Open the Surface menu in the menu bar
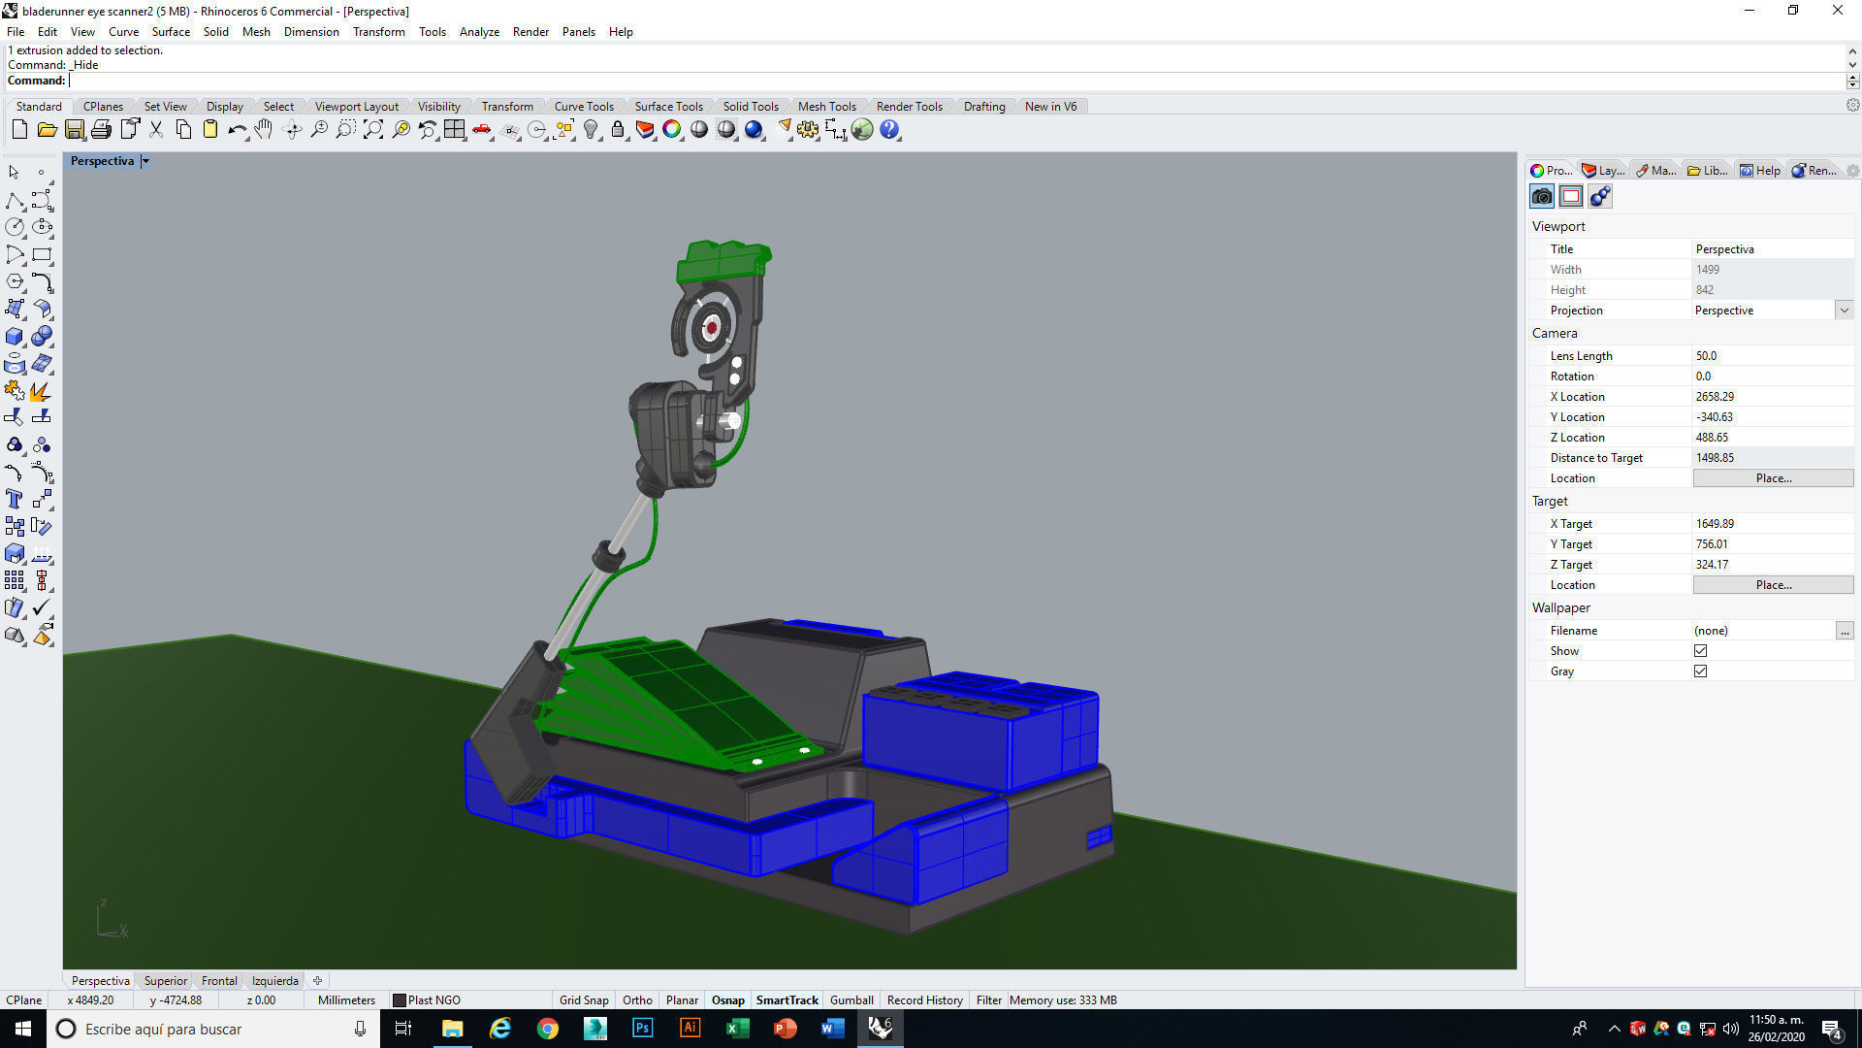coord(171,31)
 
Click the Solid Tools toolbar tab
coord(750,106)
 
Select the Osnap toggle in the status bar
coord(727,999)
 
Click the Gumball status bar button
coord(851,999)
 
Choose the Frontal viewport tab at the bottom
coord(219,980)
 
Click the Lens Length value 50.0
coord(1707,356)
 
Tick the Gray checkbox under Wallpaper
coord(1700,671)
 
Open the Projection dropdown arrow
coord(1843,311)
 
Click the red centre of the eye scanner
coord(712,328)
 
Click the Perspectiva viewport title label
coord(102,161)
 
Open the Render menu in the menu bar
coord(530,31)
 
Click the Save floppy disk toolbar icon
coord(75,129)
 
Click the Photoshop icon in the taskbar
coord(642,1029)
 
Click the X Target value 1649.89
coord(1715,524)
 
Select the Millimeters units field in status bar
coord(346,999)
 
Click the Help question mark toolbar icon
coord(889,129)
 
